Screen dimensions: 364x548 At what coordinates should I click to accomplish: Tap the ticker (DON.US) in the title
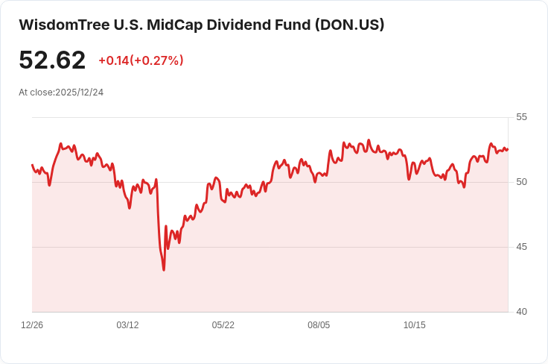349,25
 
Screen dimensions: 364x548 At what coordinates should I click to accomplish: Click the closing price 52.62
52,60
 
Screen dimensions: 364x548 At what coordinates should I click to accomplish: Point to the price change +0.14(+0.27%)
141,60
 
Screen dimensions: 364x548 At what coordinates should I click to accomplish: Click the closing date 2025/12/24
80,92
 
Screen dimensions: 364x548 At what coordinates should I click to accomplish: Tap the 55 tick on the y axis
521,117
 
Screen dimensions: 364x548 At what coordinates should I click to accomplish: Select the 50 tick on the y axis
521,182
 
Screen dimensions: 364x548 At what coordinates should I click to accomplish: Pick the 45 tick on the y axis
521,247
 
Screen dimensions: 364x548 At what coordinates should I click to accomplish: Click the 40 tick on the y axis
521,312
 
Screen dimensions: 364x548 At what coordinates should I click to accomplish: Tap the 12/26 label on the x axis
32,325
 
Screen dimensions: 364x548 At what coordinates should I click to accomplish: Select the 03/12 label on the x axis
127,325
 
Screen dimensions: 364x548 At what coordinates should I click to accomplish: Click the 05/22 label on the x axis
223,325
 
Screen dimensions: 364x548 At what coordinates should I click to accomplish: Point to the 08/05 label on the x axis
319,325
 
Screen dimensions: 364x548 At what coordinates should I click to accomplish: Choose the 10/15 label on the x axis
414,325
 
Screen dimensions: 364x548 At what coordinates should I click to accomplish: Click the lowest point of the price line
164,269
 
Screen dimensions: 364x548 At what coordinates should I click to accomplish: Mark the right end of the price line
508,149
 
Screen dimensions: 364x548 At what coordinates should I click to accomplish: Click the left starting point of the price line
32,165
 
